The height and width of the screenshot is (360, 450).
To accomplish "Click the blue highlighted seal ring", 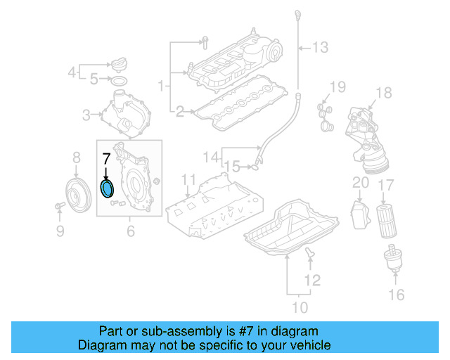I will pos(108,189).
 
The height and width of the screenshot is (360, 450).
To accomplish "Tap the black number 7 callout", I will pos(107,158).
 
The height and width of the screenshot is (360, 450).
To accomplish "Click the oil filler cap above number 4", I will pos(117,65).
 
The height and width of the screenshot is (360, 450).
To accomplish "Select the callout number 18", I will pos(382,93).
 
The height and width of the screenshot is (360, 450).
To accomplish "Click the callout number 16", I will pos(397,294).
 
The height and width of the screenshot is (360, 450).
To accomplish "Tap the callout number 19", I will pos(338,87).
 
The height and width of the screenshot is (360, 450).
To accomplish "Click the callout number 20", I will pos(360,183).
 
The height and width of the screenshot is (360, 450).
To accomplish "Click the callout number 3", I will pos(87,115).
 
